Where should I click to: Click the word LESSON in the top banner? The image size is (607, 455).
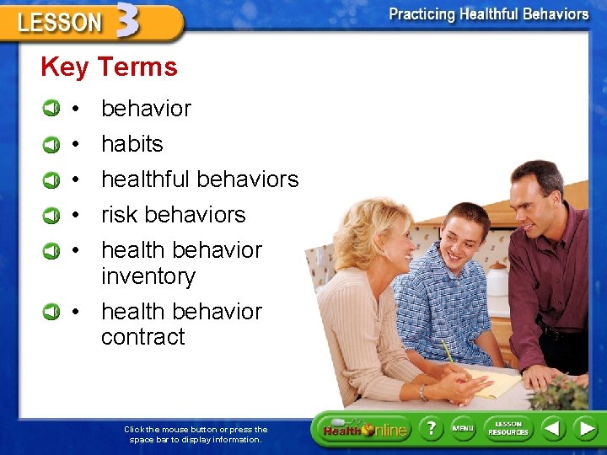coord(59,23)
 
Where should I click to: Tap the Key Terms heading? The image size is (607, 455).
coord(109,67)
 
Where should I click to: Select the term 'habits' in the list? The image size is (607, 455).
coord(132,144)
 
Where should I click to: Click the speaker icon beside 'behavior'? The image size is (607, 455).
coord(52,109)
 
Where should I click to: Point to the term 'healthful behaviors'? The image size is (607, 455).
coord(200,179)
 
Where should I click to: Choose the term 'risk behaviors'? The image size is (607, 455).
coord(173,215)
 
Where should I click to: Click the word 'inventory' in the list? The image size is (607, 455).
coord(148,276)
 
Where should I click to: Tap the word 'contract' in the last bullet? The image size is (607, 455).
coord(142,337)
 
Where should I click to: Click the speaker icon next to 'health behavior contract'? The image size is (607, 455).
coord(52,312)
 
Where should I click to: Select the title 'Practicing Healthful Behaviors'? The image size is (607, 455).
coord(488,14)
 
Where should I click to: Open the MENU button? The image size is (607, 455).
coord(463,428)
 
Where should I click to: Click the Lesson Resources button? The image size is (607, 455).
coord(508,428)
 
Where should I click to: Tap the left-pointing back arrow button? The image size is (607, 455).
coord(552,428)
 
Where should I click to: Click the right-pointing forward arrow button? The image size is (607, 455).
coord(585,428)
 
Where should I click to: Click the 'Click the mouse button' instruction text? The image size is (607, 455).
coord(196,434)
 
